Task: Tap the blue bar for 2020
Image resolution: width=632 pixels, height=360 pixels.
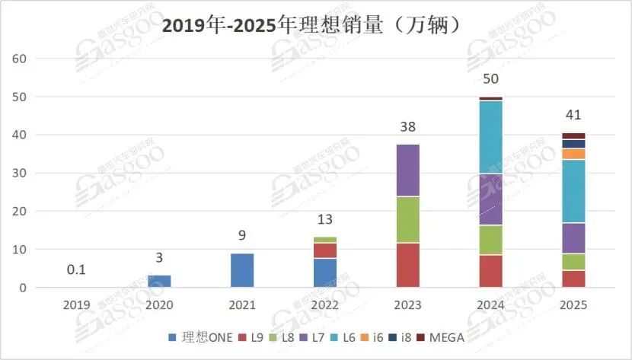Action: click(x=158, y=281)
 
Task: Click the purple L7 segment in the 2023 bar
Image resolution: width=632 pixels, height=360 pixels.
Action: click(x=407, y=170)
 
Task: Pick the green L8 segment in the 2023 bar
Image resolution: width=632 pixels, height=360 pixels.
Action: click(x=407, y=219)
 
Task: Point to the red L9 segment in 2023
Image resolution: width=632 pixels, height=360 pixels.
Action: click(x=407, y=265)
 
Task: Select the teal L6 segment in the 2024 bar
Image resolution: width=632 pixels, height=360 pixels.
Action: click(x=490, y=137)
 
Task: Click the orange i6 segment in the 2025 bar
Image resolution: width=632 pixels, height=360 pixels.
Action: click(x=573, y=154)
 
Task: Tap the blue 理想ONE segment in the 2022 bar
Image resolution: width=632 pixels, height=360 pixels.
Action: click(x=324, y=273)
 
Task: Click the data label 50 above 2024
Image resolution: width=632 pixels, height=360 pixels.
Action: click(x=490, y=81)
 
